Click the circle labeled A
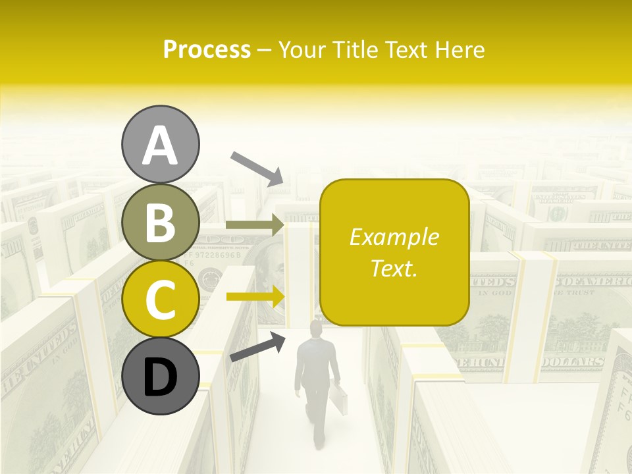point(160,144)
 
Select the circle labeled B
point(160,222)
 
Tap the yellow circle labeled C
point(160,298)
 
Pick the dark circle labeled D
point(160,377)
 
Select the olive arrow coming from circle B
point(254,225)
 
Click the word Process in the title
point(207,49)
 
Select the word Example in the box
point(394,237)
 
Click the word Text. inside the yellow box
point(394,268)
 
